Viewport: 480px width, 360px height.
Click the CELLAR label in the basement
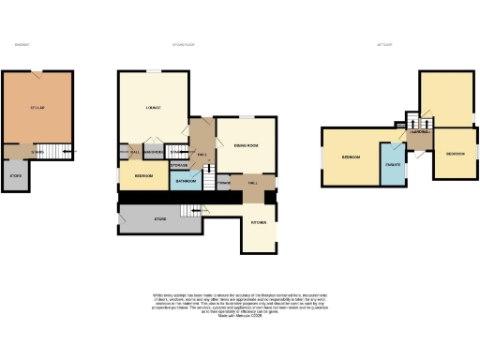(x=37, y=108)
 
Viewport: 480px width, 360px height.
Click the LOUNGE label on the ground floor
(x=153, y=108)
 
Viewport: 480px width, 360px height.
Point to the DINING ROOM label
(x=246, y=144)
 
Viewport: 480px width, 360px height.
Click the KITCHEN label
(x=259, y=222)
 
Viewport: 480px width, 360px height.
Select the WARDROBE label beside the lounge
(x=155, y=152)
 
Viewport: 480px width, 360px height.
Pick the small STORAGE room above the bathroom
(x=179, y=165)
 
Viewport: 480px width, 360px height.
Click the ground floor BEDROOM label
(x=143, y=175)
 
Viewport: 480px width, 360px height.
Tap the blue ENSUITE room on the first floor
(x=393, y=165)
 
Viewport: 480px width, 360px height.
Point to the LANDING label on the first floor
(x=419, y=132)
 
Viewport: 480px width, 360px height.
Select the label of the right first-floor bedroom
(x=455, y=153)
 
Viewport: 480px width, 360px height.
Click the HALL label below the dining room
(x=252, y=183)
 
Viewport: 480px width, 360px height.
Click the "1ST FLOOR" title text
(x=384, y=44)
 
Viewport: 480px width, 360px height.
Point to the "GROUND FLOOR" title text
(x=184, y=44)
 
